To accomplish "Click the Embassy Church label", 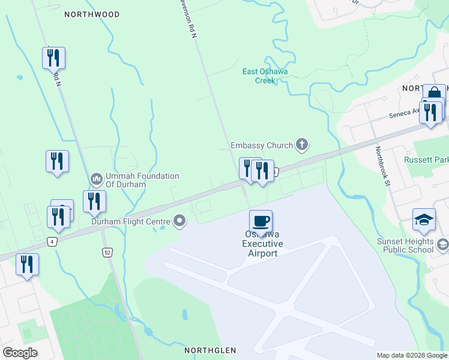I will [262, 145].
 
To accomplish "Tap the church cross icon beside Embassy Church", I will [302, 145].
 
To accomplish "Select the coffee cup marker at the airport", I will [261, 221].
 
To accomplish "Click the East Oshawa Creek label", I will [265, 76].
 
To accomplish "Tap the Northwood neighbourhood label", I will [92, 14].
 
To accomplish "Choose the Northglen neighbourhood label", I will [210, 350].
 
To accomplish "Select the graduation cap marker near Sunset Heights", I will [424, 220].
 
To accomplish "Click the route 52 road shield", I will [107, 253].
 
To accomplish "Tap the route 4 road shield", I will [53, 241].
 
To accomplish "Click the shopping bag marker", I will [434, 94].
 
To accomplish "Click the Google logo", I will [20, 353].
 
